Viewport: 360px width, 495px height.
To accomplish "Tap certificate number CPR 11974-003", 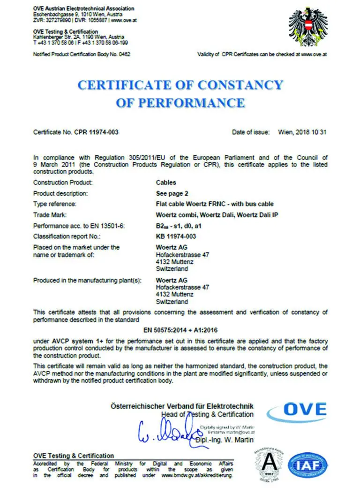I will [96, 132].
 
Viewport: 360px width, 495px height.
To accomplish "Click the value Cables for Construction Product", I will [166, 183].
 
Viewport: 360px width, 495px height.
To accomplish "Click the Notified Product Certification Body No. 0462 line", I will [82, 54].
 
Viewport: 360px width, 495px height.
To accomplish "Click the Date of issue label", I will [251, 132].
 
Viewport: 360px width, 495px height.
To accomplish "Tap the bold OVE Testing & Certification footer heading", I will [74, 456].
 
